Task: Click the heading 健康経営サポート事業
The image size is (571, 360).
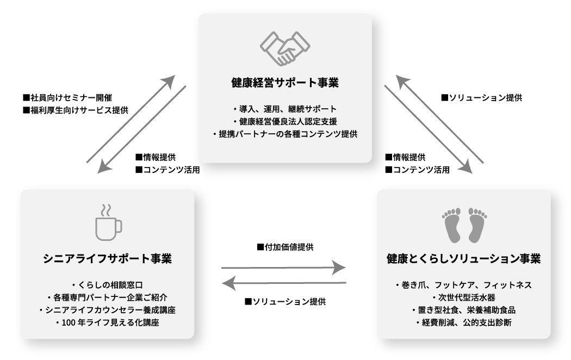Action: click(285, 84)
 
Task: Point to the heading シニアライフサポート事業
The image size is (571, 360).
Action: click(107, 258)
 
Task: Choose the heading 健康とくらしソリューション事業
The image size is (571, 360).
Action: click(463, 258)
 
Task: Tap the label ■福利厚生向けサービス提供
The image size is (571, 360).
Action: click(76, 109)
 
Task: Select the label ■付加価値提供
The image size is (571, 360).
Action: click(285, 247)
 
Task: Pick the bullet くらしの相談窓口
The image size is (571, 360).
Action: click(108, 285)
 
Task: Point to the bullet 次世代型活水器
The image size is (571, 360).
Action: click(464, 297)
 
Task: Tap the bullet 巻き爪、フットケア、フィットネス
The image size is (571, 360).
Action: click(463, 285)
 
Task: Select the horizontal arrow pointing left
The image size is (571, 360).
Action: click(286, 283)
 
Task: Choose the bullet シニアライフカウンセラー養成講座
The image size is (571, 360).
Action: click(107, 310)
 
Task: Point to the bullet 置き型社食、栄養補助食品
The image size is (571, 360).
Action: click(463, 310)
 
